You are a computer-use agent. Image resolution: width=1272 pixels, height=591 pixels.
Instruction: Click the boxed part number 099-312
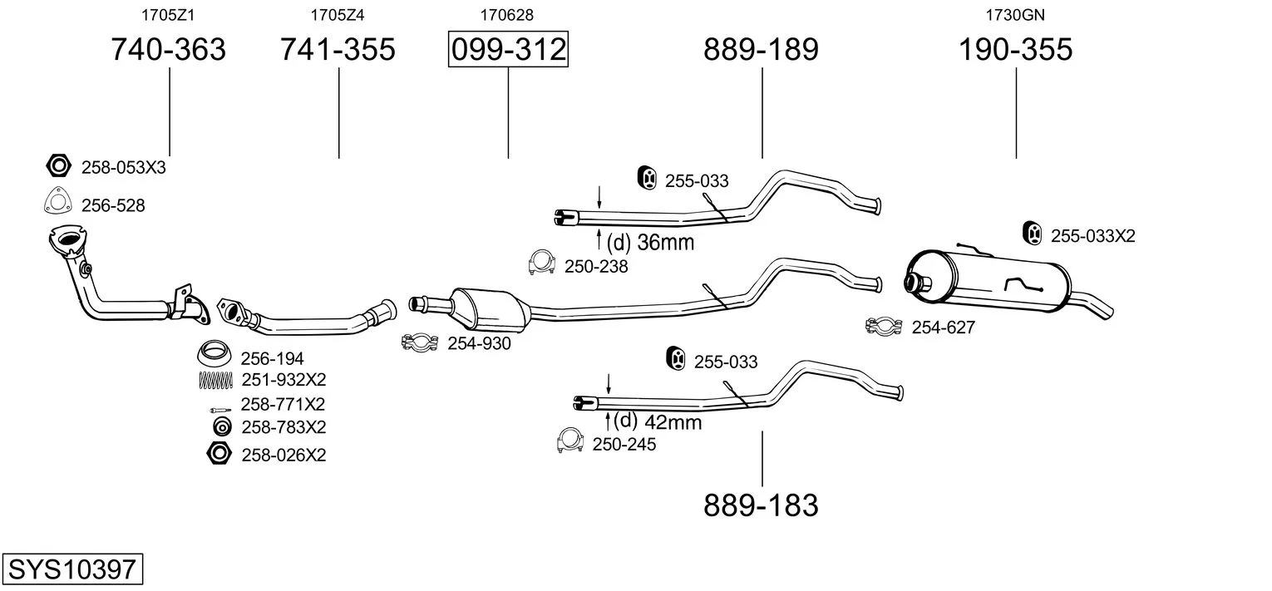tap(508, 49)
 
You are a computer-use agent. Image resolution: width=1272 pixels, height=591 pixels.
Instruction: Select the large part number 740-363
tap(168, 49)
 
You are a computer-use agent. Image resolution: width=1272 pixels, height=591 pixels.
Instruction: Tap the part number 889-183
tap(761, 505)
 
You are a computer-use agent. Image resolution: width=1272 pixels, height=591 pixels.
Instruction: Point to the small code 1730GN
tap(1015, 15)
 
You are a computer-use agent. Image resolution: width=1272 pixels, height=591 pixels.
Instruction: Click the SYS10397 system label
tap(72, 569)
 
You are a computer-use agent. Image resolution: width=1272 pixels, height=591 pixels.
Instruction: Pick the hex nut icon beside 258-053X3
tap(58, 166)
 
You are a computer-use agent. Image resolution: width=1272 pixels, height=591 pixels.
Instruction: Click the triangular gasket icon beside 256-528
tap(57, 201)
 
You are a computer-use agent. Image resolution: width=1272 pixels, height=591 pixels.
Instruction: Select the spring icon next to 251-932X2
tap(216, 380)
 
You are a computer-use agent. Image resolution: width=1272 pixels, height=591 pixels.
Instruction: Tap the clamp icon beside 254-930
tap(420, 342)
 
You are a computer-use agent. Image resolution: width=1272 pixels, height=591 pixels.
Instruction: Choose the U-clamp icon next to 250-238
tap(542, 263)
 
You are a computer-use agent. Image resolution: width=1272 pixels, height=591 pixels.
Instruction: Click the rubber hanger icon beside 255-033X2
tap(1033, 234)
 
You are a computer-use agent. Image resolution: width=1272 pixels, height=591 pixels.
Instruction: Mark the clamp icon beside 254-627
tap(884, 326)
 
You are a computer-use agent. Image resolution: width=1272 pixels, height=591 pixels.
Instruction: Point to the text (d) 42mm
tap(658, 421)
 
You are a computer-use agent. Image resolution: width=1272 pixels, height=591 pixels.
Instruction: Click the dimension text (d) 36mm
tap(650, 243)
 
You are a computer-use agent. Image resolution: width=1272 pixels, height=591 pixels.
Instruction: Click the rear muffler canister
tap(987, 279)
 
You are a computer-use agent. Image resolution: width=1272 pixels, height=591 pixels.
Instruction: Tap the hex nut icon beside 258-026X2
tap(219, 454)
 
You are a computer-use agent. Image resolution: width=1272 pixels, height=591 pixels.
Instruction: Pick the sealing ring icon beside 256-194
tap(214, 354)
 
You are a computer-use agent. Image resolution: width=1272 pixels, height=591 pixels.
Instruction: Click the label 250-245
tap(624, 444)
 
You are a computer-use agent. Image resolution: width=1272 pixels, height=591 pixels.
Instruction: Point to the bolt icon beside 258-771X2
tap(219, 409)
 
